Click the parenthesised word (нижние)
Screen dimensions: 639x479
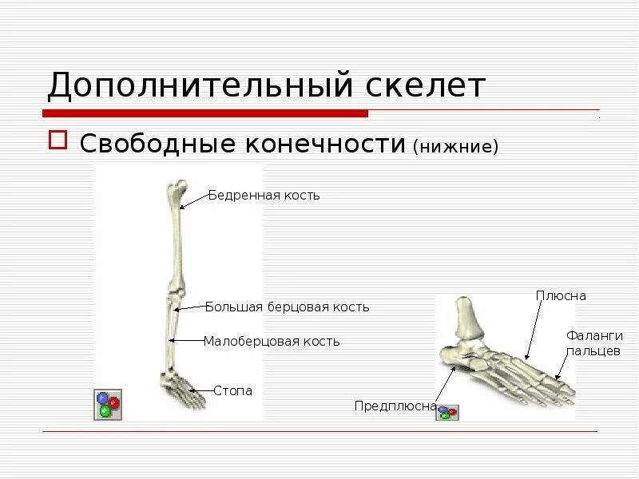455,146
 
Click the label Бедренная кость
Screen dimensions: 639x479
264,196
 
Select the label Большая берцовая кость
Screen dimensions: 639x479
287,307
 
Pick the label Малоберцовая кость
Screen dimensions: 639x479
272,342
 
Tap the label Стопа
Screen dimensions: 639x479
232,390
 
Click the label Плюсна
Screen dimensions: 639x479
561,296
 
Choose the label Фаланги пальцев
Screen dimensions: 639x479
593,343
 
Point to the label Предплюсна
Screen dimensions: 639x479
395,406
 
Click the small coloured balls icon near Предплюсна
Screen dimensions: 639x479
448,411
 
